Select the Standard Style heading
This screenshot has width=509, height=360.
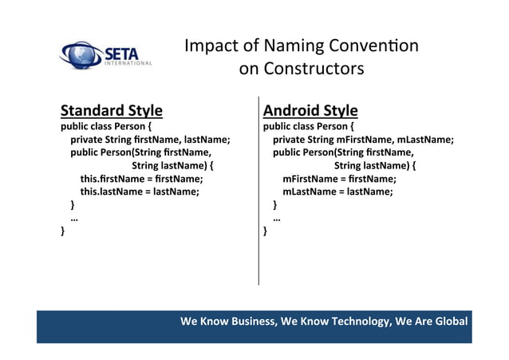(112, 110)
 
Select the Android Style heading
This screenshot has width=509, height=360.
(310, 110)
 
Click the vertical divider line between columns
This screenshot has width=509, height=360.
(258, 192)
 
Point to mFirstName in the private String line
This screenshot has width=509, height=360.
(364, 140)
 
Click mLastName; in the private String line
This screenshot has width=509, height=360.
(424, 140)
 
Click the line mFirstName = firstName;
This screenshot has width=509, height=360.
(339, 179)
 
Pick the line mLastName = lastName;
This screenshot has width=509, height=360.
(337, 192)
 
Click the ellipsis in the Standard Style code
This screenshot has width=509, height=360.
(74, 218)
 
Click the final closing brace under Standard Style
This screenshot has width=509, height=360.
(64, 231)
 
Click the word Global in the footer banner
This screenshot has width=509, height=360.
(450, 322)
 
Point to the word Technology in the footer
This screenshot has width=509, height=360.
(353, 322)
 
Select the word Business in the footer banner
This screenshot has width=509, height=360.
(243, 322)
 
